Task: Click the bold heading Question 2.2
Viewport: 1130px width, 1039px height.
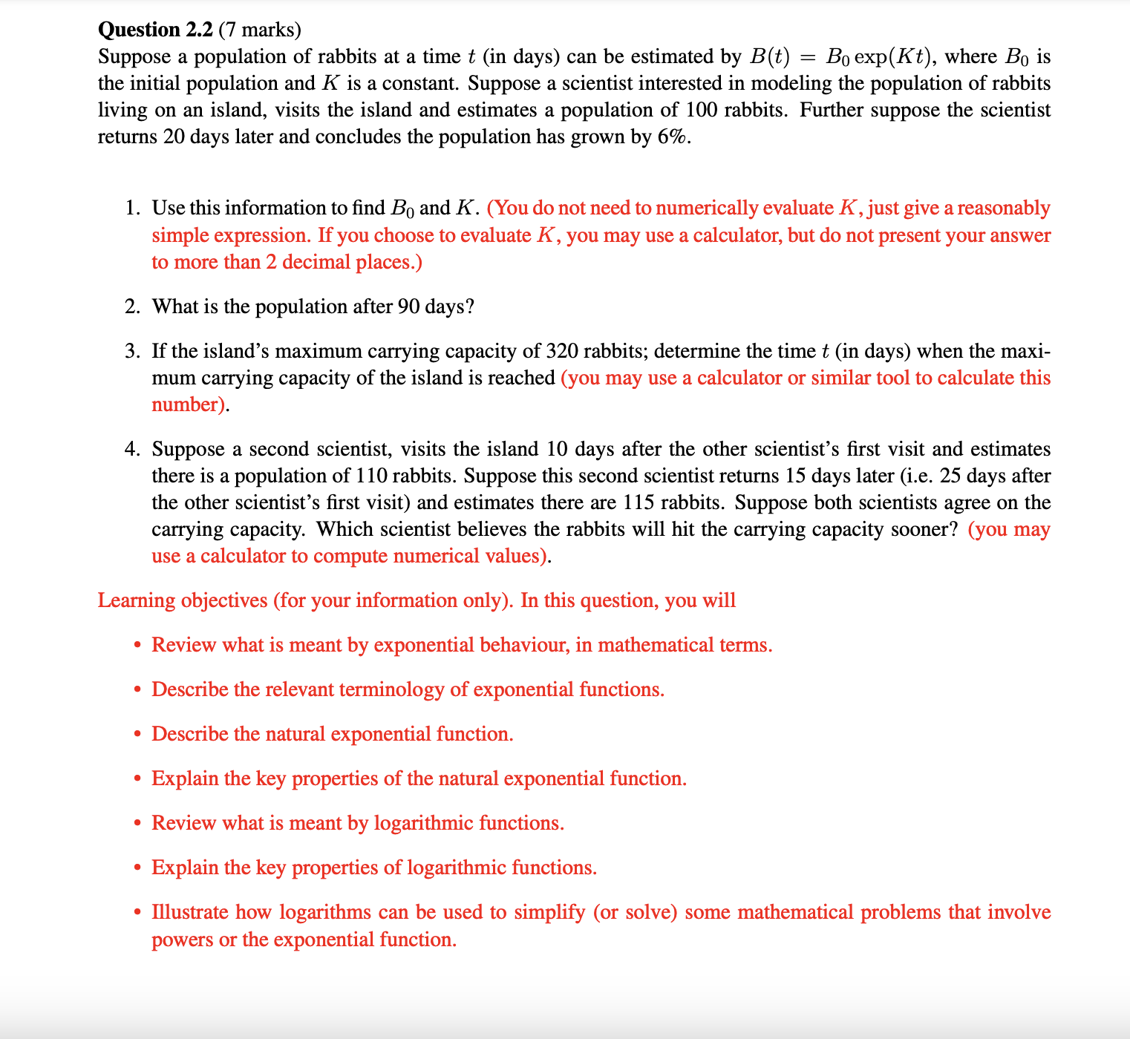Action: click(155, 30)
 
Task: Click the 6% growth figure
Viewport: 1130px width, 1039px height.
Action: click(673, 137)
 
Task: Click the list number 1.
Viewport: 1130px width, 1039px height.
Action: click(132, 209)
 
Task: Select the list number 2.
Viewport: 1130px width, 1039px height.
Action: click(132, 307)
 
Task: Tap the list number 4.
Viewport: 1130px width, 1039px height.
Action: click(132, 450)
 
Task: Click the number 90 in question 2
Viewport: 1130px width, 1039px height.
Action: click(408, 307)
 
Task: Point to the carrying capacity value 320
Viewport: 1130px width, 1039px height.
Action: click(562, 351)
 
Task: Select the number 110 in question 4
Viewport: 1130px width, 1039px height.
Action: click(371, 476)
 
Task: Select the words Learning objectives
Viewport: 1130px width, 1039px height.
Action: click(183, 600)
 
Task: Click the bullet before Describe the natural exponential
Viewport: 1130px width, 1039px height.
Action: click(137, 735)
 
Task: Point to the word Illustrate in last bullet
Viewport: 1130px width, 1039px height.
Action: click(189, 912)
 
